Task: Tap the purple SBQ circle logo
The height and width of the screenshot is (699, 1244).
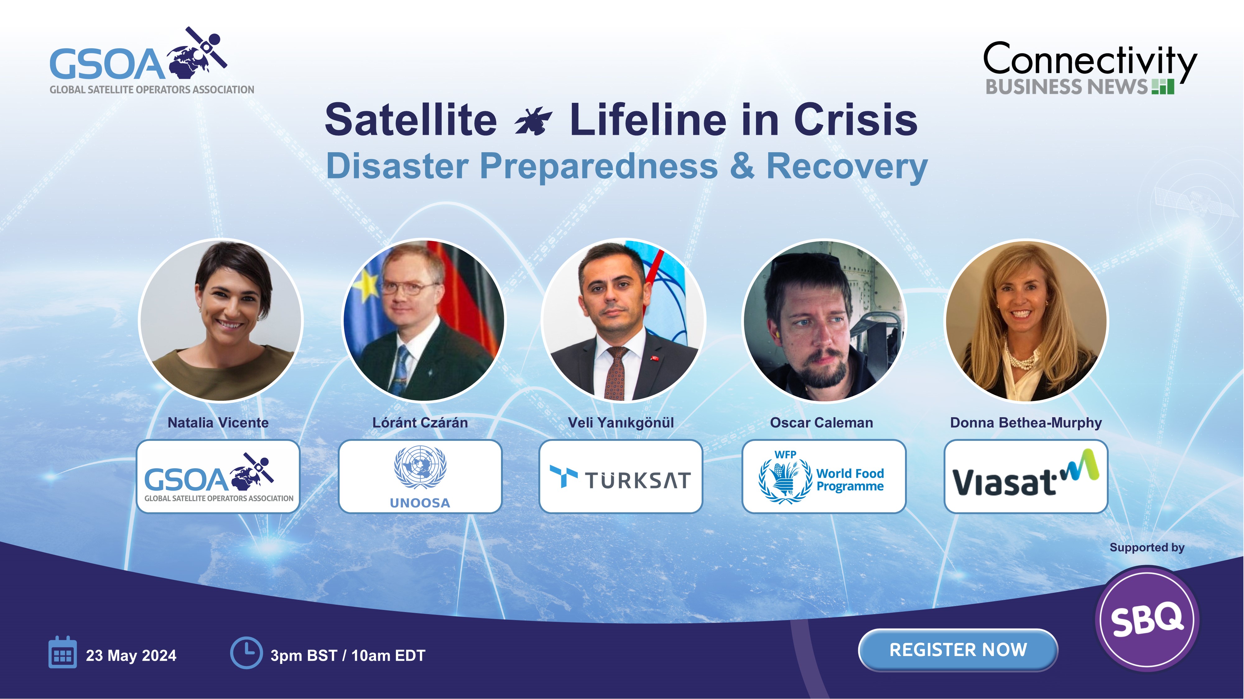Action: coord(1147,619)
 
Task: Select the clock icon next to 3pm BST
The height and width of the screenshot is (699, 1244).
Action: coord(246,653)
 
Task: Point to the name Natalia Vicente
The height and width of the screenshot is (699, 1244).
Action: coord(218,423)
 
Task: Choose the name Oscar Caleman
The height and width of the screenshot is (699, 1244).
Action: coord(821,423)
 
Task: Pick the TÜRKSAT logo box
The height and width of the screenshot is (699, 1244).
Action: coord(620,476)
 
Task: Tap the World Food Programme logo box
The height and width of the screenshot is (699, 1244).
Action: coord(824,476)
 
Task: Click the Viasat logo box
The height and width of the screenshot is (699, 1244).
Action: coord(1026,476)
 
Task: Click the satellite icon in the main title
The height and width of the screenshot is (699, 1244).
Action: coord(533,121)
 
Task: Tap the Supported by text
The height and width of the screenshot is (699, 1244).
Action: coord(1147,547)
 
